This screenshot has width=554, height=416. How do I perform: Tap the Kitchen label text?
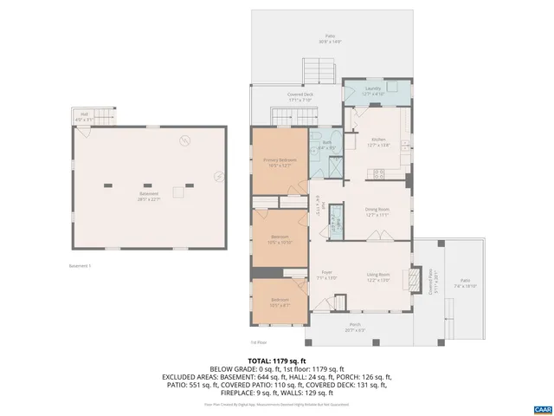(377, 141)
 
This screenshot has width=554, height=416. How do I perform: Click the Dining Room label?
(377, 211)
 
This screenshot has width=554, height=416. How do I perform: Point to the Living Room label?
(378, 276)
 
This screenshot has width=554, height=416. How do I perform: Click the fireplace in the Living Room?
(415, 278)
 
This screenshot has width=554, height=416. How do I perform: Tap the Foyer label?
(326, 276)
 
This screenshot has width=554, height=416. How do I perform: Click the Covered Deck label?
(300, 97)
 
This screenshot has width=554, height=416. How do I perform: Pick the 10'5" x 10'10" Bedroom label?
(280, 239)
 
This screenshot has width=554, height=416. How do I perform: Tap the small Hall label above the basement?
(85, 115)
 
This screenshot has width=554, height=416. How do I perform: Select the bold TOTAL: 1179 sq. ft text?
(276, 360)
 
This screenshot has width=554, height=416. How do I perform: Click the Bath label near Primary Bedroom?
(327, 145)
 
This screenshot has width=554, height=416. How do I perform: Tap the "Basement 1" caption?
(80, 266)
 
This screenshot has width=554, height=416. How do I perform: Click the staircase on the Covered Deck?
(285, 116)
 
